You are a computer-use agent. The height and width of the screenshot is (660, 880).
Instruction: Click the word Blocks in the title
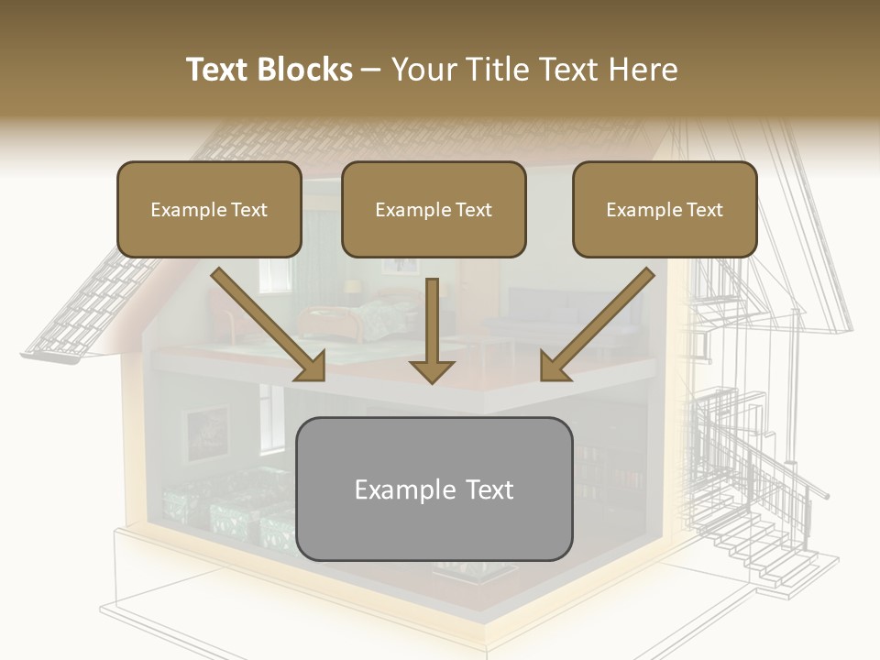308,70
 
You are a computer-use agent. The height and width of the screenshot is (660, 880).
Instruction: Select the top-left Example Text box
209,209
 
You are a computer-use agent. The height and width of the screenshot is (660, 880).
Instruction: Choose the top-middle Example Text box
434,209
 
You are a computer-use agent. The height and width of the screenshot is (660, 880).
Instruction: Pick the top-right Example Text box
665,209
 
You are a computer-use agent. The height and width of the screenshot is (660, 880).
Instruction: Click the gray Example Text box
434,489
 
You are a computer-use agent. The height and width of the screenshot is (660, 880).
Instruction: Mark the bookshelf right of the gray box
610,477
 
